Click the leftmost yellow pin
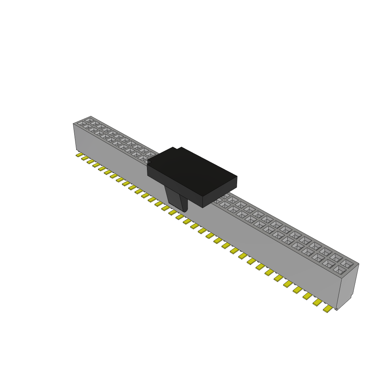click(79, 155)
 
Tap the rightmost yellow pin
click(328, 309)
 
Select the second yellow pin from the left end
click(85, 158)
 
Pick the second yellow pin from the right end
click(317, 302)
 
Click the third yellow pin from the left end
click(90, 161)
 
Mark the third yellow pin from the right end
click(307, 296)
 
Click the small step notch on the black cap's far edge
click(177, 148)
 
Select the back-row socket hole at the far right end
click(347, 262)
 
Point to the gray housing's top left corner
click(73, 124)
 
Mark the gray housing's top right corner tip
click(358, 264)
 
